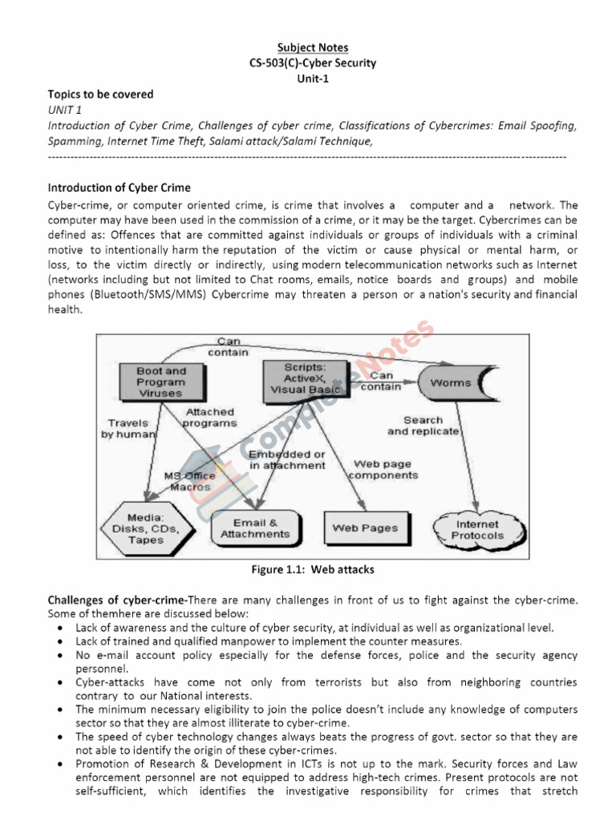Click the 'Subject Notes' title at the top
313,48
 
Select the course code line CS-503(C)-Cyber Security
313,63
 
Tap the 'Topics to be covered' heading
100,94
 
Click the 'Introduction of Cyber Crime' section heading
119,188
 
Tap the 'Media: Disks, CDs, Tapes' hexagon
144,529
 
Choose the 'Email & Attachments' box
249,528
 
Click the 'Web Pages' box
365,528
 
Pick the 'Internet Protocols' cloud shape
479,530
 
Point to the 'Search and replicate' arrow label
423,426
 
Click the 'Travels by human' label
127,428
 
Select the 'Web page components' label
386,469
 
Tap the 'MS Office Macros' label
189,481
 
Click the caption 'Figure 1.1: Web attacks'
313,570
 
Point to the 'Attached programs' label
209,417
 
